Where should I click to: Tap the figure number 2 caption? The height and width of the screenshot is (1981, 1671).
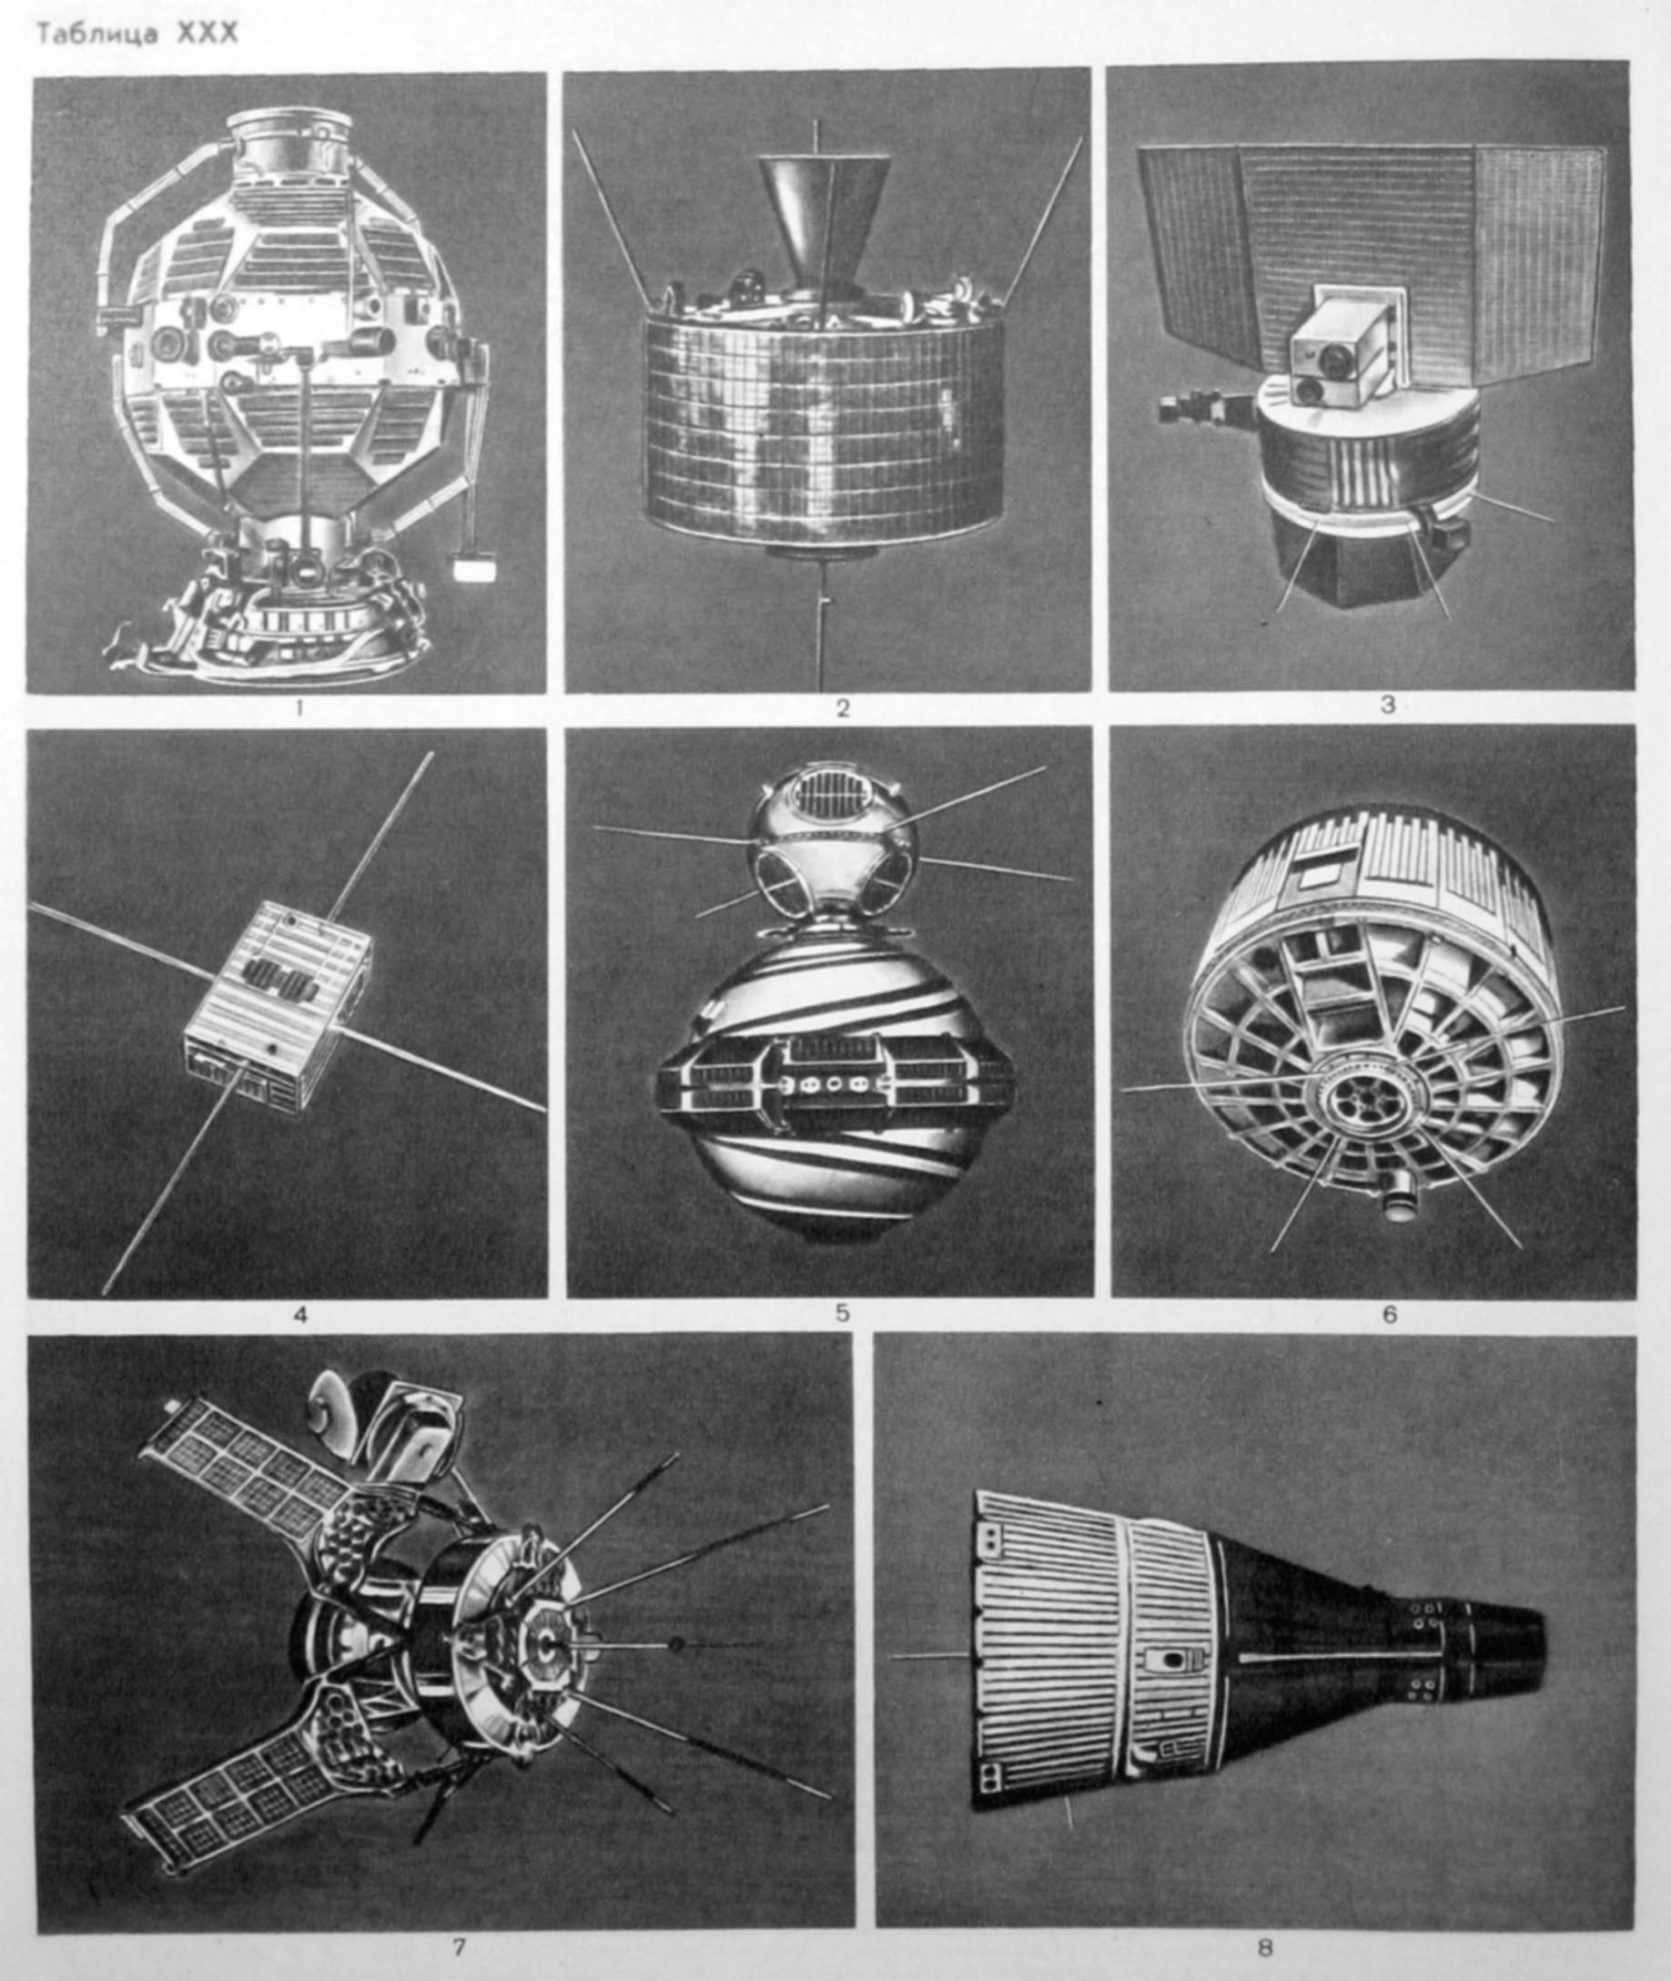tap(842, 707)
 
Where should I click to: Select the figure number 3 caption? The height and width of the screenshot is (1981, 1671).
tap(1387, 706)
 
